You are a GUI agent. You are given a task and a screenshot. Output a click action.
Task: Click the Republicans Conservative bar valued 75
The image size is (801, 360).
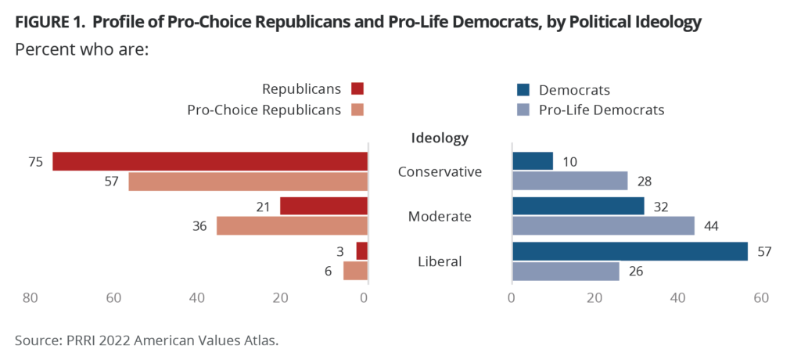coord(210,161)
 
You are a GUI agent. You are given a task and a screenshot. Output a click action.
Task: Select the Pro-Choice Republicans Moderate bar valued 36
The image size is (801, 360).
coord(292,225)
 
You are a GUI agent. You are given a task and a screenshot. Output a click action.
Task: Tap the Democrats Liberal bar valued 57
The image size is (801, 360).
coord(630,251)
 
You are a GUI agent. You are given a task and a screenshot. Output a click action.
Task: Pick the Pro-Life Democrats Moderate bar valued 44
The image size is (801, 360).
coord(603,225)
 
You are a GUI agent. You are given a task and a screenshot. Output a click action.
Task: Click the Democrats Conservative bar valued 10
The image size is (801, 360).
coord(533,161)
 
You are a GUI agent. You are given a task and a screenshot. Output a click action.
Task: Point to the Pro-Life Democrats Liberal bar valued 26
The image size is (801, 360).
coord(566,271)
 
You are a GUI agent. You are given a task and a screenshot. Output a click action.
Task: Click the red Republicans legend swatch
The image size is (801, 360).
coord(357,88)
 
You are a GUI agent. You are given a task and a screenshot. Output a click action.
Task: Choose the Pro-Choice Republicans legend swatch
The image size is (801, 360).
coord(357,110)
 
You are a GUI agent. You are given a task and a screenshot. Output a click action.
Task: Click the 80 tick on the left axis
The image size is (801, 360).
coord(30,298)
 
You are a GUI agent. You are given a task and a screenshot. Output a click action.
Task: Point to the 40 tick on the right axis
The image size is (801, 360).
coord(678,298)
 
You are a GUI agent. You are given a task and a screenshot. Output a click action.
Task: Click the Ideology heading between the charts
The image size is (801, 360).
coord(440,139)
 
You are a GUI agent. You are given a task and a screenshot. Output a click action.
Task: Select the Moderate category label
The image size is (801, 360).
coord(440,216)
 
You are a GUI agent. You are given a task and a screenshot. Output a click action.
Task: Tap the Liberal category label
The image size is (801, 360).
coord(440,261)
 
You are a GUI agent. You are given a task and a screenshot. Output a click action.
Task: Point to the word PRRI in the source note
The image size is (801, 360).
coord(78,340)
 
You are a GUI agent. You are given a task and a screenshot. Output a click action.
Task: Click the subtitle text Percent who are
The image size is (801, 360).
coord(82,49)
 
